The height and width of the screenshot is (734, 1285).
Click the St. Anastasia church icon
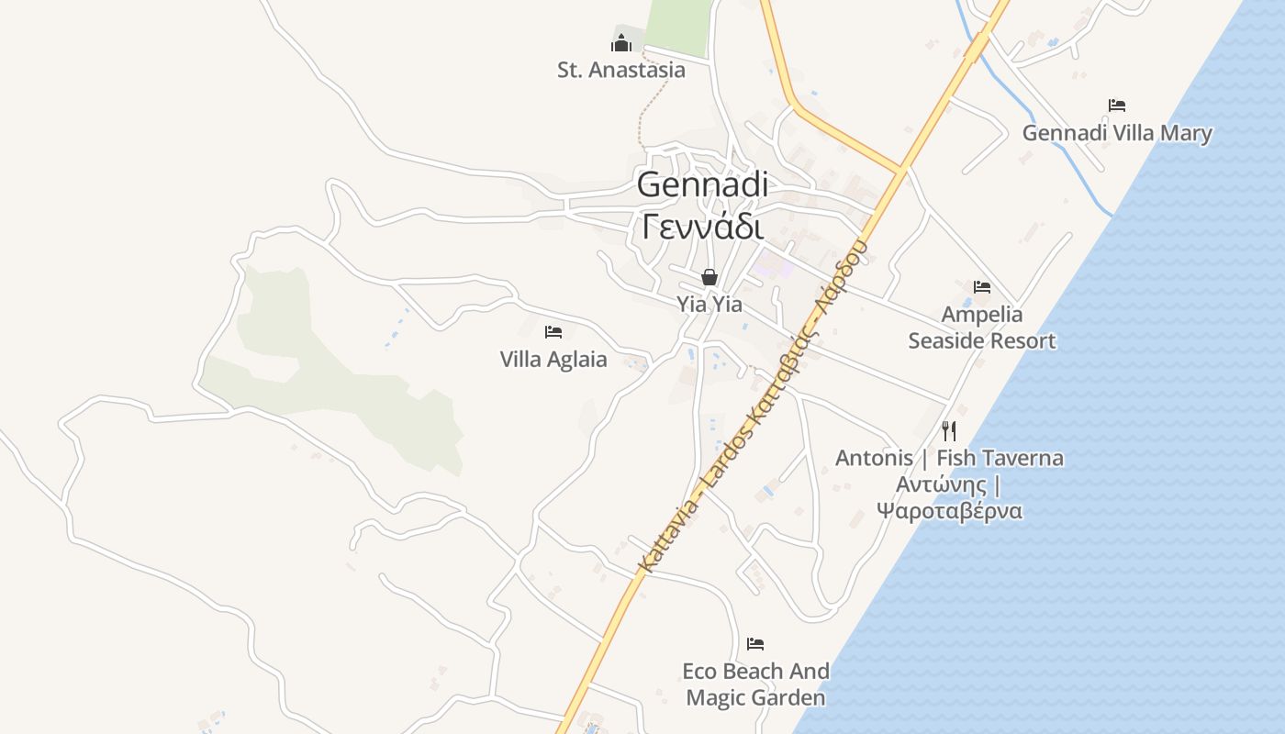pyautogui.click(x=621, y=43)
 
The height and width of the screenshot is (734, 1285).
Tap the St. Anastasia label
pyautogui.click(x=621, y=70)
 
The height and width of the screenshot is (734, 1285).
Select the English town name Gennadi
pyautogui.click(x=702, y=184)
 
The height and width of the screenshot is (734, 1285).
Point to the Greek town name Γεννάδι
pyautogui.click(x=702, y=225)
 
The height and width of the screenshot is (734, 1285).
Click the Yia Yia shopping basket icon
pyautogui.click(x=710, y=276)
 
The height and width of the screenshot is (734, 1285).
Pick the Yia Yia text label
pyautogui.click(x=710, y=304)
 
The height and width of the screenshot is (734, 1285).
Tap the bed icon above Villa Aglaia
pyautogui.click(x=553, y=331)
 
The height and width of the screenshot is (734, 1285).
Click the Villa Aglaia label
pyautogui.click(x=553, y=359)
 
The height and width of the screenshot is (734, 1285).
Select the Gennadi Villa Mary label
pyautogui.click(x=1117, y=133)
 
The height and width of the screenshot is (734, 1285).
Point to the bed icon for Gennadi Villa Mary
pyautogui.click(x=1117, y=106)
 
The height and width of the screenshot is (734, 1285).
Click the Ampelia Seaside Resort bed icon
pyautogui.click(x=982, y=287)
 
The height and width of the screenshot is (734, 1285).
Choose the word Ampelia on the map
pyautogui.click(x=982, y=315)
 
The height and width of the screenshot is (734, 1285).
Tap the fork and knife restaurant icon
pyautogui.click(x=949, y=430)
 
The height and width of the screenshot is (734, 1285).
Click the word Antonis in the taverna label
pyautogui.click(x=874, y=458)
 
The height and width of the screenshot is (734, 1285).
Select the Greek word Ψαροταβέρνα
pyautogui.click(x=949, y=511)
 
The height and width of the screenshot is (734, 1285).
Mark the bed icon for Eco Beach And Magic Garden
pyautogui.click(x=755, y=643)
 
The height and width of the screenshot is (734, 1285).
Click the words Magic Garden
pyautogui.click(x=755, y=697)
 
